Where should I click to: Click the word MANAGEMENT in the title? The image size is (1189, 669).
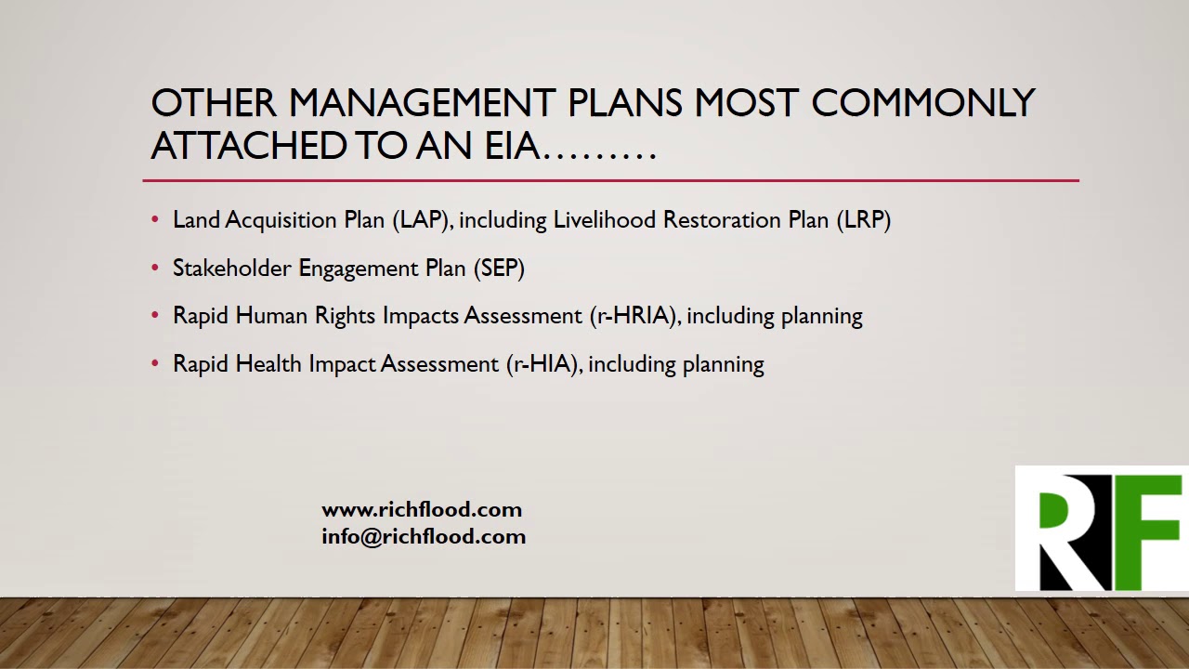tap(422, 103)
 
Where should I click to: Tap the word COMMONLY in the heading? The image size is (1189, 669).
tap(922, 103)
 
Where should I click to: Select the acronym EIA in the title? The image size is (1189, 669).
tap(512, 146)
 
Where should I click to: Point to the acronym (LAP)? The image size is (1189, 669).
tap(423, 220)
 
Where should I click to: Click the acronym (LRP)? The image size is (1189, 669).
tap(863, 220)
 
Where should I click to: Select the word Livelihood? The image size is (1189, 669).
tap(605, 220)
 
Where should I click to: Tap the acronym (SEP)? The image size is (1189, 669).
tap(500, 269)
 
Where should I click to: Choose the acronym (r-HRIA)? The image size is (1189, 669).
tap(635, 316)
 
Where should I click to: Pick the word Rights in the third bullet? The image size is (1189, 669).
tap(346, 316)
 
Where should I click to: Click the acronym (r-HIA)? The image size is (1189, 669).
tap(544, 364)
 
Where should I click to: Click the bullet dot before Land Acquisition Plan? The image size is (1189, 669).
tap(155, 220)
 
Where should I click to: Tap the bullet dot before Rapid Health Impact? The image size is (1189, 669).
tap(155, 364)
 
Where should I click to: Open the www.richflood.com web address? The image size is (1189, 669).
tap(422, 509)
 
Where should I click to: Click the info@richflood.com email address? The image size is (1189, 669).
tap(424, 536)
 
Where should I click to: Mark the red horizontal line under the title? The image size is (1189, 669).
tap(610, 180)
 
